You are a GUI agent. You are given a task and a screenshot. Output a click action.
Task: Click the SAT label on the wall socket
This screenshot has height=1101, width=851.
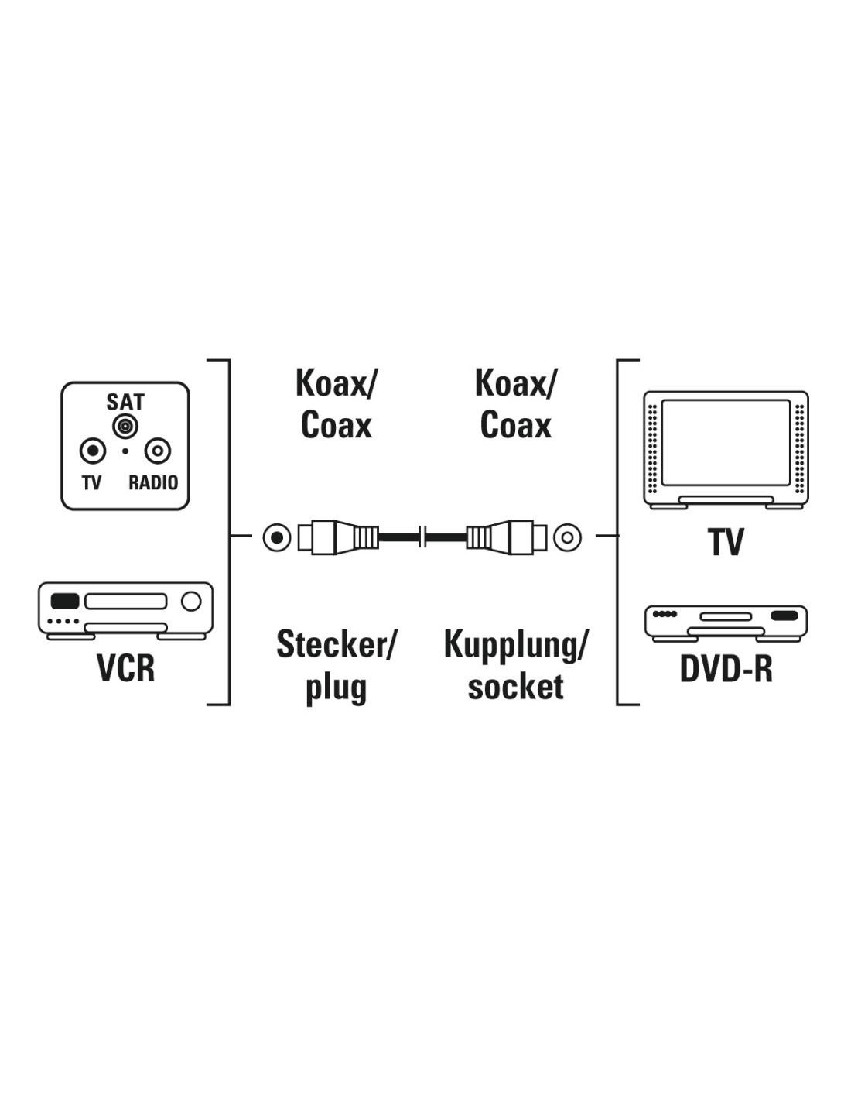[125, 402]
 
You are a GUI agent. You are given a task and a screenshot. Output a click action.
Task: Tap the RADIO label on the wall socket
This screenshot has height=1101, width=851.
[153, 483]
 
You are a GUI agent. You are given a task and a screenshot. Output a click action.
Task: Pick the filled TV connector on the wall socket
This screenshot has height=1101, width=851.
[93, 451]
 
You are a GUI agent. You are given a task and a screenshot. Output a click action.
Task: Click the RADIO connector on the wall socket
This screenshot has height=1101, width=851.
[158, 451]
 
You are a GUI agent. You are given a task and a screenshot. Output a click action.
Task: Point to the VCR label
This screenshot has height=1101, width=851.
[125, 668]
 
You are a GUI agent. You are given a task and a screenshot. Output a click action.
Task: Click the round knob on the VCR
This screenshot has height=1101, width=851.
[191, 602]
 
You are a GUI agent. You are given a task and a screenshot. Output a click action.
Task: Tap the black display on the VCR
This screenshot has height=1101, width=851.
[65, 602]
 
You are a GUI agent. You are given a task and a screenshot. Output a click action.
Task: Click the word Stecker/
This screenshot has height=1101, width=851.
[335, 644]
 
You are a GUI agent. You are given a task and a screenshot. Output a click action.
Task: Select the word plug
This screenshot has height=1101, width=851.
[337, 688]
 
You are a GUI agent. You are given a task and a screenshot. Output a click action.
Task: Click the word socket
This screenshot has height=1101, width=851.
[515, 687]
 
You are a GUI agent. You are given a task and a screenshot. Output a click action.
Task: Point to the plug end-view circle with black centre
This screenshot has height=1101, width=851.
[277, 537]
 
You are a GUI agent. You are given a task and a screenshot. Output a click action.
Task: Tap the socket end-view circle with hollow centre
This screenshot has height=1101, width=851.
[567, 537]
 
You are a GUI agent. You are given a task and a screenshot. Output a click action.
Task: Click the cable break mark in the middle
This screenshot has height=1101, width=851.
[422, 537]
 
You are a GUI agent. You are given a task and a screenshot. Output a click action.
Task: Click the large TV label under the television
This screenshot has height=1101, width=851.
[726, 542]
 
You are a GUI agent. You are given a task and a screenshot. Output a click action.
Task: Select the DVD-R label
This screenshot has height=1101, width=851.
[726, 669]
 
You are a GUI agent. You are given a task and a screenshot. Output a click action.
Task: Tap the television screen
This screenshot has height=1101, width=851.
[726, 442]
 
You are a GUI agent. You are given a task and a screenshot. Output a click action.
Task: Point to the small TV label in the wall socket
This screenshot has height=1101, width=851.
[91, 483]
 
